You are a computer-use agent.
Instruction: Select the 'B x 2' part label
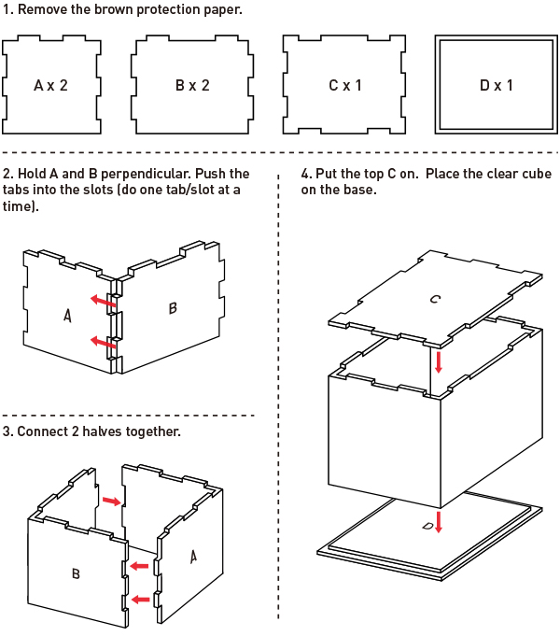pos(192,85)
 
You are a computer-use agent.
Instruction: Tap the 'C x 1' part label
pos(344,85)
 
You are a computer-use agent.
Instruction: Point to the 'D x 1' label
pos(497,85)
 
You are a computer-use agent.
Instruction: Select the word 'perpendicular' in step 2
pos(169,174)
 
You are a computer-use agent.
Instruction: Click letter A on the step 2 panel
pos(67,317)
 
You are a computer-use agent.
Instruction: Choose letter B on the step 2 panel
pos(173,308)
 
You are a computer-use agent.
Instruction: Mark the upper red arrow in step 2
pos(104,301)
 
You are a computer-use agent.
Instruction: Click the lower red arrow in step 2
pos(104,343)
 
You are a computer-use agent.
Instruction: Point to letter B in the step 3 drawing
pos(77,574)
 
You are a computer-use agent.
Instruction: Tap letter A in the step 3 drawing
pos(193,557)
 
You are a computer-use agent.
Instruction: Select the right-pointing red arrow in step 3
pos(111,502)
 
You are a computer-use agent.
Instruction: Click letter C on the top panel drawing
pos(435,300)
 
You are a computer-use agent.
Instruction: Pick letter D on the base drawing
pos(427,527)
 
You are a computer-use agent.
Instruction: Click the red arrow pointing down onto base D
pos(439,519)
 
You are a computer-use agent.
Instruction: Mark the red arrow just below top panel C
pos(439,360)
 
